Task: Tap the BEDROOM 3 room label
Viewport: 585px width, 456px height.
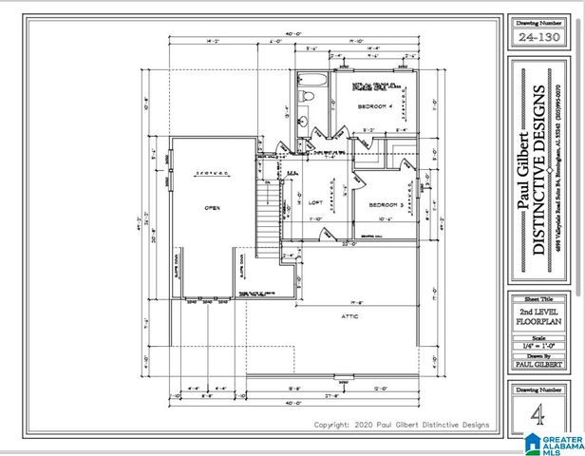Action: tap(387, 204)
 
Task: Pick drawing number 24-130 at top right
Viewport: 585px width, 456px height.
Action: tap(537, 37)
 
